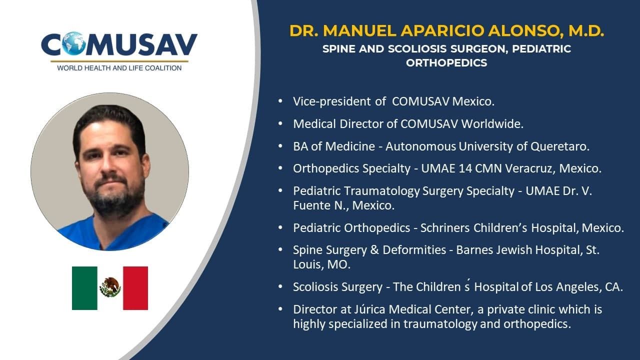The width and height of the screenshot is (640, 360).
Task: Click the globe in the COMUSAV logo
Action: [74, 43]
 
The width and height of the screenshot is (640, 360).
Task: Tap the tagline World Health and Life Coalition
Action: [119, 68]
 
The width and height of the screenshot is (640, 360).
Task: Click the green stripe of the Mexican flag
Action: [84, 288]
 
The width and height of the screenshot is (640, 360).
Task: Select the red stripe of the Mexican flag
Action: [135, 288]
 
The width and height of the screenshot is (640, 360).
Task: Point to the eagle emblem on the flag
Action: [110, 287]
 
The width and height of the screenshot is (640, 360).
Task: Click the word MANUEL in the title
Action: [360, 31]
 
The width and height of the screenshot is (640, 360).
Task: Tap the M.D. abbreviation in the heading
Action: [586, 31]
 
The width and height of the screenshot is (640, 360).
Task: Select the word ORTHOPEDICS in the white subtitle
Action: [446, 63]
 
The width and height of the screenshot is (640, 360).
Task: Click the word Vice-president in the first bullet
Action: [331, 101]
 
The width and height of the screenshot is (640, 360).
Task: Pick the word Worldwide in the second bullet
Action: [492, 124]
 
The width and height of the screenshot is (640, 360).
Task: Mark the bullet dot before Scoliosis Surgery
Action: [280, 286]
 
